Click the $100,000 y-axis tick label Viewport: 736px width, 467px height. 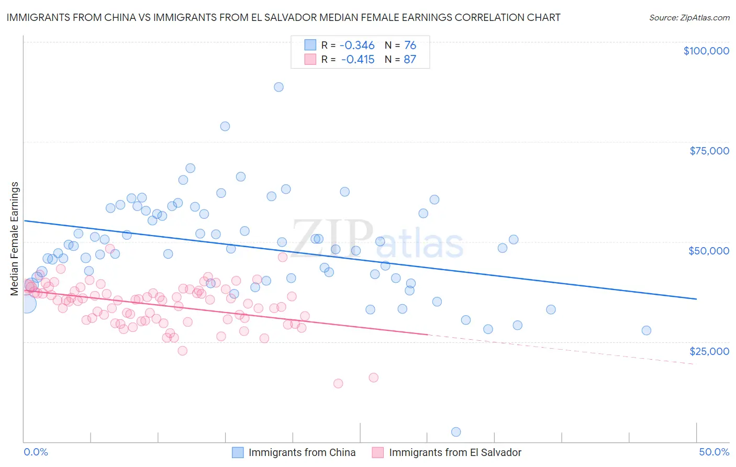tap(706, 51)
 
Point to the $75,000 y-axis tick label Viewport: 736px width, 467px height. tap(709, 151)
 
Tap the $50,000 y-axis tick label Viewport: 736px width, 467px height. tap(709, 251)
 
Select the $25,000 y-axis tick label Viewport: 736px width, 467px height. tap(709, 351)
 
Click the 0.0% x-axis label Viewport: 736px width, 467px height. tap(36, 452)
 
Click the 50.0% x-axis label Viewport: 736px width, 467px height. tap(714, 452)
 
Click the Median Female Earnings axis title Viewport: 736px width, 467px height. tap(15, 239)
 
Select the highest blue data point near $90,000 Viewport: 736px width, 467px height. tap(278, 87)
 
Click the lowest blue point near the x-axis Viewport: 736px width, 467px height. tap(456, 432)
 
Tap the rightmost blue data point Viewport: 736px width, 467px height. tap(646, 330)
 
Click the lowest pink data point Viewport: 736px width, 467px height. tap(338, 383)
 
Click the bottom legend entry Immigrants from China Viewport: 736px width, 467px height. tap(302, 452)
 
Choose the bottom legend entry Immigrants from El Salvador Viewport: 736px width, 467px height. tap(455, 452)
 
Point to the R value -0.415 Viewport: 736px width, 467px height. tap(358, 59)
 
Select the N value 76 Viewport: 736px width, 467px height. tap(410, 46)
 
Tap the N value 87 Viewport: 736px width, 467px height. tap(410, 59)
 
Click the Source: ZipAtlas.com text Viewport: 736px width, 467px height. tap(689, 17)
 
